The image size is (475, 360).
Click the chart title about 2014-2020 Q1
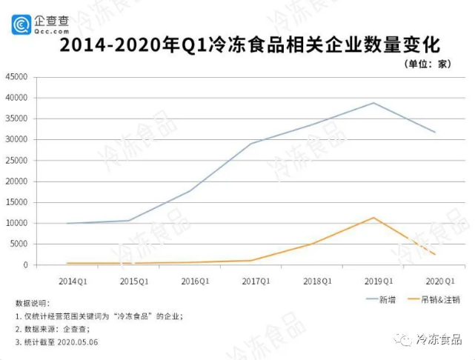(x=236, y=45)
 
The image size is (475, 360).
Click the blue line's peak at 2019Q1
(x=373, y=103)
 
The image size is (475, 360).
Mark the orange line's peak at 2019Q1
(x=373, y=218)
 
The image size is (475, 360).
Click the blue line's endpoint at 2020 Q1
(x=435, y=133)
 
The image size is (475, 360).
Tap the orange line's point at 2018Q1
(x=312, y=244)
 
